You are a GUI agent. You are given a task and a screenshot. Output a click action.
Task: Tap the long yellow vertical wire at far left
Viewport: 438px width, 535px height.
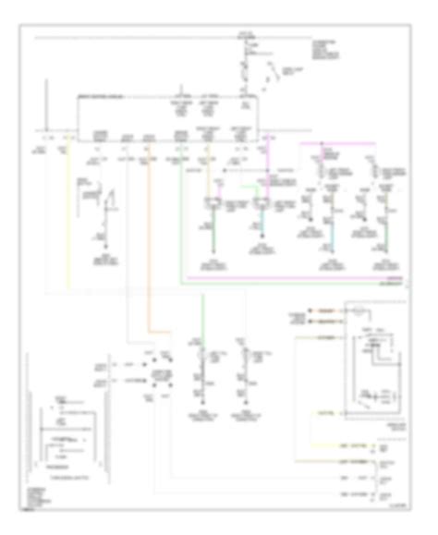coord(67,213)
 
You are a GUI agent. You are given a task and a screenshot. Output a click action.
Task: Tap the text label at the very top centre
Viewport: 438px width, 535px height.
coord(244,34)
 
